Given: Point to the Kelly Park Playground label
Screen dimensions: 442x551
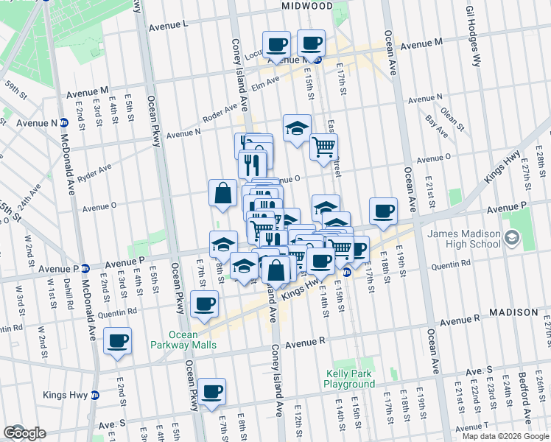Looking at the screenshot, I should coord(350,379).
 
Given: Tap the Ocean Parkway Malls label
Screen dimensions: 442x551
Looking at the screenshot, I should coord(173,339).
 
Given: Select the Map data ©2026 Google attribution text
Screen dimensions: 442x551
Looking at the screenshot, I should coord(505,436).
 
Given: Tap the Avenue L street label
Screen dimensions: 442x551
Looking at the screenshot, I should coord(168,25).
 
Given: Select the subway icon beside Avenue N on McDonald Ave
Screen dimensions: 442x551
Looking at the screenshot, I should coord(65,123).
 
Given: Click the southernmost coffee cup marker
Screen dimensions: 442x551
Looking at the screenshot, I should coord(212,391).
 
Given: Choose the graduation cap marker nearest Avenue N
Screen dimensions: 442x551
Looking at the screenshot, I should coord(297,128).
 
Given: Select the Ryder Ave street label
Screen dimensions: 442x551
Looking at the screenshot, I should coord(94,172).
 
